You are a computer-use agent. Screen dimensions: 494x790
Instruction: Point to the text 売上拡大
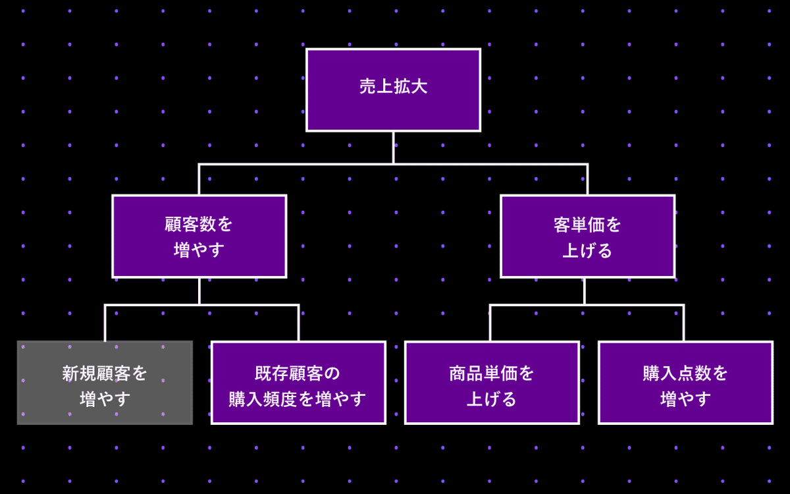[x=393, y=87]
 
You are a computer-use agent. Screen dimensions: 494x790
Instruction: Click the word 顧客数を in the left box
[x=199, y=225]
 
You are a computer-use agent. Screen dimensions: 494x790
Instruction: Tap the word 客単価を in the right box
[x=587, y=225]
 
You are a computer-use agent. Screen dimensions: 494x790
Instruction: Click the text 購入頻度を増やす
[x=298, y=398]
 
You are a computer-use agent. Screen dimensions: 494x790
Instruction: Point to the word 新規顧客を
[x=105, y=373]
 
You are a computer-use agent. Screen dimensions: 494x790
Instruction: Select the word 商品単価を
[x=492, y=373]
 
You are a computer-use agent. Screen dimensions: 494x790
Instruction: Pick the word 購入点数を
[x=685, y=373]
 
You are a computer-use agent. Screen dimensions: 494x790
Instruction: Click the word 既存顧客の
[x=298, y=373]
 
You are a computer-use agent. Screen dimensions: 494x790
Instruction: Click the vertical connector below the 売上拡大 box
[x=393, y=148]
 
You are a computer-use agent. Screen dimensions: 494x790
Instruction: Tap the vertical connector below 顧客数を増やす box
[x=199, y=291]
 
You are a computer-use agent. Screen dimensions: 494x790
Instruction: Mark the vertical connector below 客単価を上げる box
[x=585, y=291]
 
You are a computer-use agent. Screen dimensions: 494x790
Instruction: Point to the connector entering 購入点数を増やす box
[x=683, y=323]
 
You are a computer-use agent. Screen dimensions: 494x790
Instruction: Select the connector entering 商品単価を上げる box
[x=490, y=323]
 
